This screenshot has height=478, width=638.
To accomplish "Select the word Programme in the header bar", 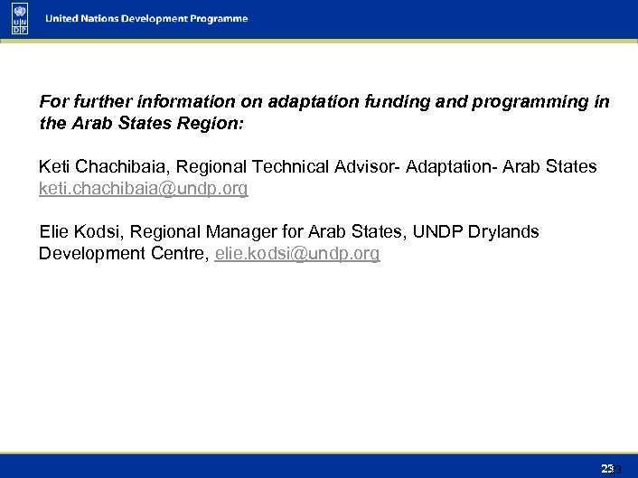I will (x=218, y=19).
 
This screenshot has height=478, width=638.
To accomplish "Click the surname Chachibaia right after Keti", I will (x=117, y=167).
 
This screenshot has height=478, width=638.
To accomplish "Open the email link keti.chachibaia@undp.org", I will (x=143, y=189).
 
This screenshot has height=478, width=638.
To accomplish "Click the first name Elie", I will (x=54, y=232).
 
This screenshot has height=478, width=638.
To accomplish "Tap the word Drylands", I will (x=503, y=232).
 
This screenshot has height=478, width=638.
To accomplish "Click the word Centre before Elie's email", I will (x=181, y=254).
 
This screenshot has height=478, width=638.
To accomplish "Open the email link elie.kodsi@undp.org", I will (x=297, y=254).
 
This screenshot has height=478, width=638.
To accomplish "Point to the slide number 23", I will (x=607, y=468).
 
